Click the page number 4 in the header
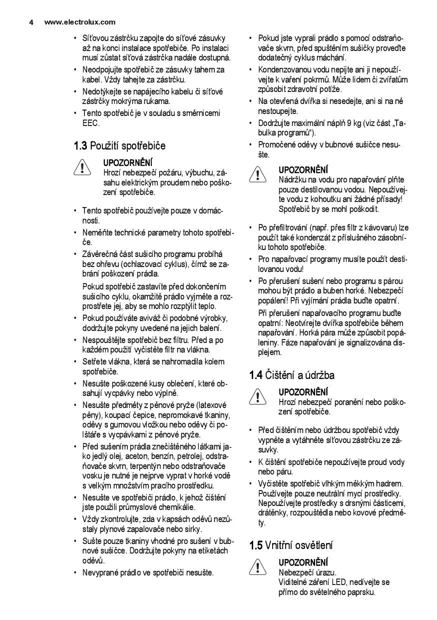(31, 22)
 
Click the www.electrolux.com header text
(80, 22)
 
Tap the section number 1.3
(80, 146)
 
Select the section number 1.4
(256, 375)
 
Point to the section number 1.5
(256, 545)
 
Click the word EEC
(91, 123)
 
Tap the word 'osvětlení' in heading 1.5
(314, 545)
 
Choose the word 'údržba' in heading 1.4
(318, 375)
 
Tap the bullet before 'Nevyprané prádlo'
(75, 573)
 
